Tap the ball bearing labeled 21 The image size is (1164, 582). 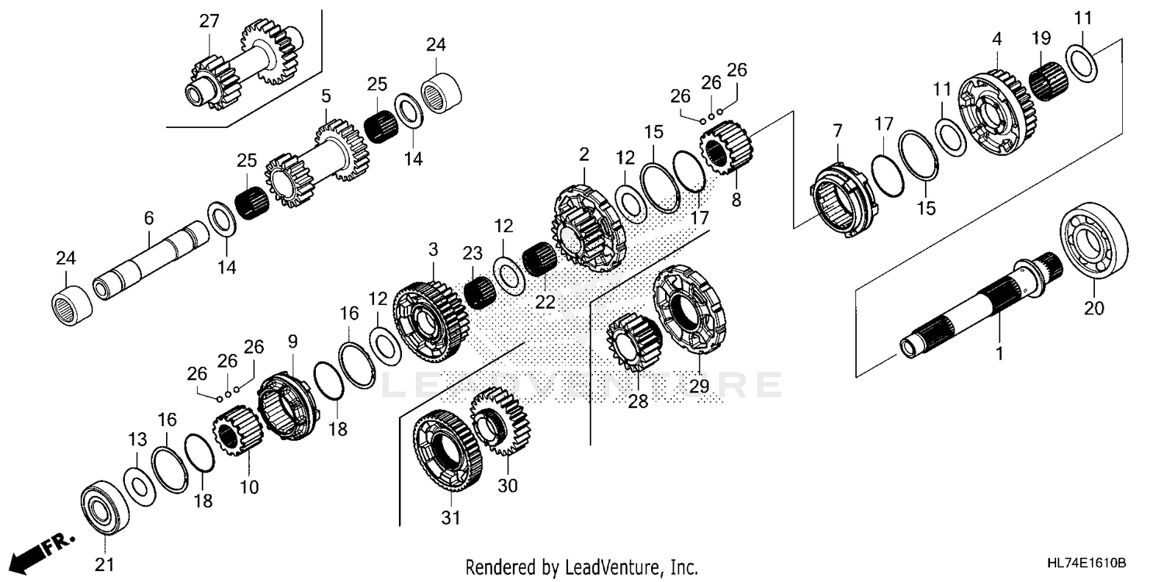pos(102,507)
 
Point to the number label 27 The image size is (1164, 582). pos(209,21)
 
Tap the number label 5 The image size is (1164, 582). pos(326,95)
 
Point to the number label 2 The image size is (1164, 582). pos(584,154)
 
